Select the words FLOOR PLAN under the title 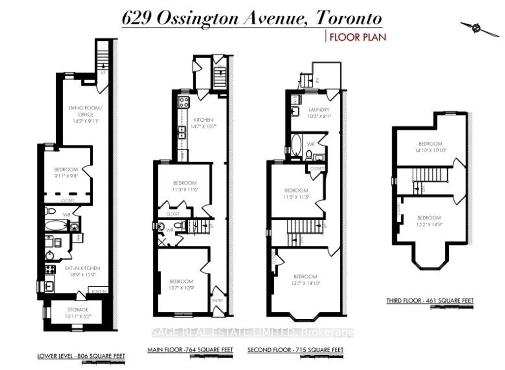click(358, 37)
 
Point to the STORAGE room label click(77, 309)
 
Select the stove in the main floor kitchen click(183, 102)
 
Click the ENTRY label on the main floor click(217, 301)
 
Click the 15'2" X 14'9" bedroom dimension click(429, 225)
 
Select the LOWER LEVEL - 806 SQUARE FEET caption click(81, 356)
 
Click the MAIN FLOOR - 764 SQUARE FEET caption click(190, 350)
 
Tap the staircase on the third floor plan click(427, 174)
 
